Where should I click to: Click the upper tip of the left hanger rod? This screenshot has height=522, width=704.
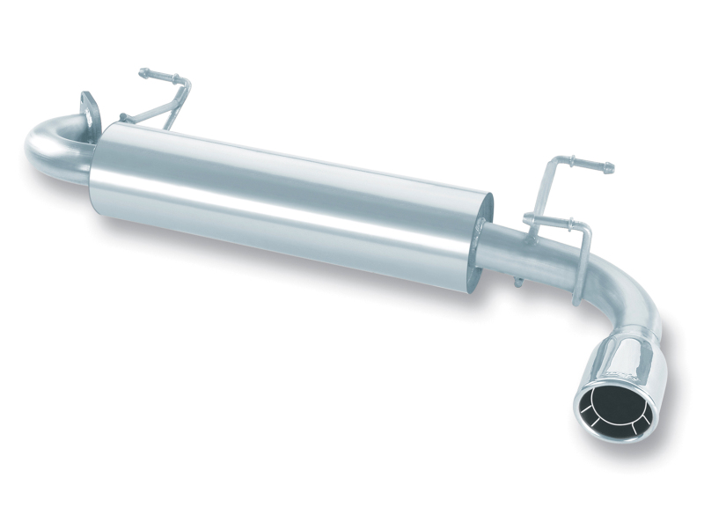tap(142, 72)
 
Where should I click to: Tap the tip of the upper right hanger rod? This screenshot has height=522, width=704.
tap(609, 166)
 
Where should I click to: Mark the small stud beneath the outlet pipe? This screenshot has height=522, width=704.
tap(518, 282)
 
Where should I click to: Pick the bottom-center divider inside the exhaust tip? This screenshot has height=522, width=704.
tap(606, 429)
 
